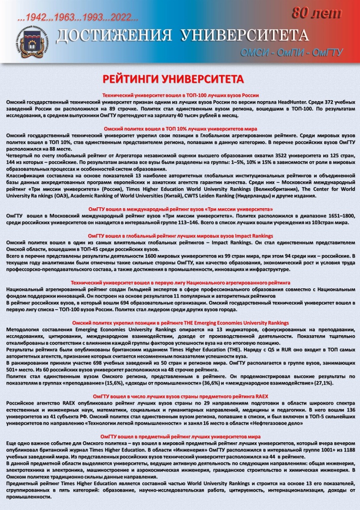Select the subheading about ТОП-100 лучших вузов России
pos(180,95)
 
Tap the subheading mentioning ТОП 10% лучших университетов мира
pos(180,129)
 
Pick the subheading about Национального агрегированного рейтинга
pos(180,282)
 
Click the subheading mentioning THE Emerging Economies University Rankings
pos(180,323)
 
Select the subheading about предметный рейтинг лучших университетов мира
pos(180,436)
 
